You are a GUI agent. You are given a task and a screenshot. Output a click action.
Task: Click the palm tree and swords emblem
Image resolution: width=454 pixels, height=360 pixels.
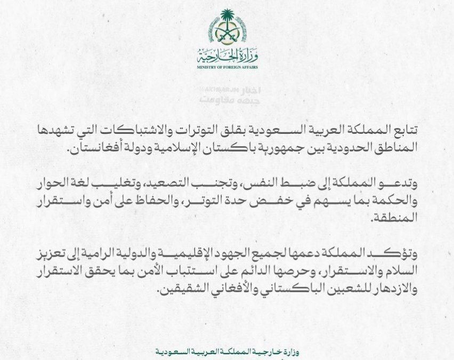coord(228,27)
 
